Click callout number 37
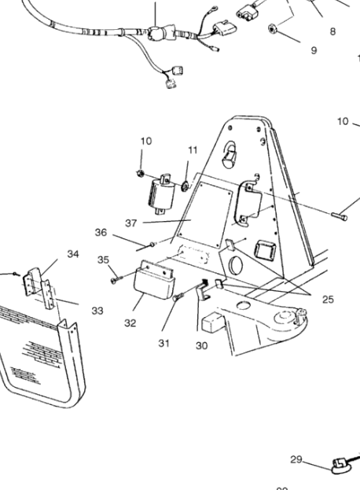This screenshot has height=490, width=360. pos(130,223)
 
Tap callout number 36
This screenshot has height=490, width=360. pos(101,233)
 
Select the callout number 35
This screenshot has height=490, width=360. pos(103,260)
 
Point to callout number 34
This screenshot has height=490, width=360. pos(73,254)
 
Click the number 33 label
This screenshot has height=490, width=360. pos(97,311)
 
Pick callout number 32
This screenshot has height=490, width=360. pos(130,322)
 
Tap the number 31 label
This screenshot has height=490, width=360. pos(164,343)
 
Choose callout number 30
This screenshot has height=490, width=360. pos(202,345)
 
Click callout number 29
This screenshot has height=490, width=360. pos(296,459)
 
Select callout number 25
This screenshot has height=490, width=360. pos(328,300)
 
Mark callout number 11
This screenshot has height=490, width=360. pos(193,150)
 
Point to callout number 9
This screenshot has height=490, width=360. pos(314,50)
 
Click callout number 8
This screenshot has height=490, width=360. pos(332,31)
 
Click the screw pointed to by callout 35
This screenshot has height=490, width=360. pos(116,279)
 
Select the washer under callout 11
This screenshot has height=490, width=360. pos(185,187)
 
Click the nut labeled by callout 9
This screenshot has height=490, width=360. pos(272,29)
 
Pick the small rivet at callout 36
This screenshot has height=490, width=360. pos(152,244)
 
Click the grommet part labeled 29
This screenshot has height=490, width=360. pos(340,466)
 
